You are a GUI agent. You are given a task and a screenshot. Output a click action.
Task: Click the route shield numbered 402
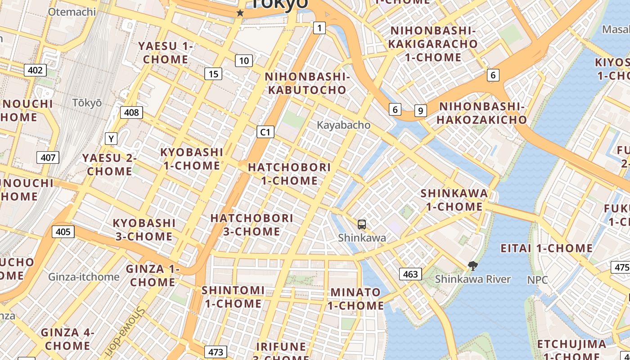pyautogui.click(x=35, y=70)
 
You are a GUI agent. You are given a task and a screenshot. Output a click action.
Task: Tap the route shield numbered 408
pyautogui.click(x=131, y=112)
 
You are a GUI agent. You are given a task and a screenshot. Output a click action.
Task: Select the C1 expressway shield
pyautogui.click(x=265, y=132)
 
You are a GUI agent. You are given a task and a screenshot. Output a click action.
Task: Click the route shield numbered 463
pyautogui.click(x=410, y=274)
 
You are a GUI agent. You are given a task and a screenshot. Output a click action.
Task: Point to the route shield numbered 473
pyautogui.click(x=216, y=351)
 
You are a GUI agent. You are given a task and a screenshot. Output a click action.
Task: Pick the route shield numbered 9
pyautogui.click(x=420, y=110)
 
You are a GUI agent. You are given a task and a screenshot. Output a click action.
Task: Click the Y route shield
pyautogui.click(x=111, y=139)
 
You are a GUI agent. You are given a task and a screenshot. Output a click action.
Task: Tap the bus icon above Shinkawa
pyautogui.click(x=361, y=224)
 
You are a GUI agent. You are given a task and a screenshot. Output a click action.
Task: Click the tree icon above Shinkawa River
pyautogui.click(x=472, y=266)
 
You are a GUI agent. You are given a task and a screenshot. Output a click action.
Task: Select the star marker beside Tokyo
pyautogui.click(x=240, y=13)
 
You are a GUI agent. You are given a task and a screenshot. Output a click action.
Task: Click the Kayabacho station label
pyautogui.click(x=344, y=125)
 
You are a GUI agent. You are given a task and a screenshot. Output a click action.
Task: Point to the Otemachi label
pyautogui.click(x=72, y=12)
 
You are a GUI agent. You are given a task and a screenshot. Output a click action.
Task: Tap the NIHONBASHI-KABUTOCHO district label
pyautogui.click(x=307, y=83)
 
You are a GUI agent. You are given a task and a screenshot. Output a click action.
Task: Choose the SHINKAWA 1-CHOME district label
pyautogui.click(x=454, y=200)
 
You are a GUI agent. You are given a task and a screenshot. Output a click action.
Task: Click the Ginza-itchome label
pyautogui.click(x=84, y=277)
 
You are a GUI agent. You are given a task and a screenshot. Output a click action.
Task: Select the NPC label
pyautogui.click(x=537, y=280)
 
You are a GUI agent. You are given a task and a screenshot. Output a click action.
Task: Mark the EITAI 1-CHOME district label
pyautogui.click(x=547, y=248)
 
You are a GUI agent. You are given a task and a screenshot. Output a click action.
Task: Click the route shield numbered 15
pyautogui.click(x=213, y=74)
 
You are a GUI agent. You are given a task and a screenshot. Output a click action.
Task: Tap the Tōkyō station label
pyautogui.click(x=87, y=103)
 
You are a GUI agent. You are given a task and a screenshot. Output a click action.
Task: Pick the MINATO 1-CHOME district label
pyautogui.click(x=355, y=299)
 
